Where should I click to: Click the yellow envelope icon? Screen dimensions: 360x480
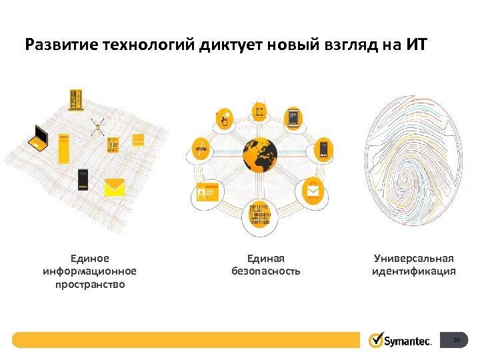click(x=115, y=187)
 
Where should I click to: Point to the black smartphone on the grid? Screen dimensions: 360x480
click(x=83, y=179)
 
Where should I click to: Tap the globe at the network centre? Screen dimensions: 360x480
click(x=259, y=155)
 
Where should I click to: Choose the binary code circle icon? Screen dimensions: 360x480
click(x=259, y=215)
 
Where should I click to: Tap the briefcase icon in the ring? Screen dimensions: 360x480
click(x=313, y=192)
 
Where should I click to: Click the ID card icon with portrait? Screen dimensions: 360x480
click(x=208, y=193)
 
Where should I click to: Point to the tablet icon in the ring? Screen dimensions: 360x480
click(x=293, y=119)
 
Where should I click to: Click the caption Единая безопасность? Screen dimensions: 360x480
click(x=266, y=265)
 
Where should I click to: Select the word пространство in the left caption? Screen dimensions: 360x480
click(x=89, y=284)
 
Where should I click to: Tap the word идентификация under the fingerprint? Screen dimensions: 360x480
click(x=414, y=271)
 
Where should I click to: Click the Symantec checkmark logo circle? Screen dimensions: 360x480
click(x=376, y=341)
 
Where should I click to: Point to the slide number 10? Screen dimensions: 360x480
click(x=456, y=341)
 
